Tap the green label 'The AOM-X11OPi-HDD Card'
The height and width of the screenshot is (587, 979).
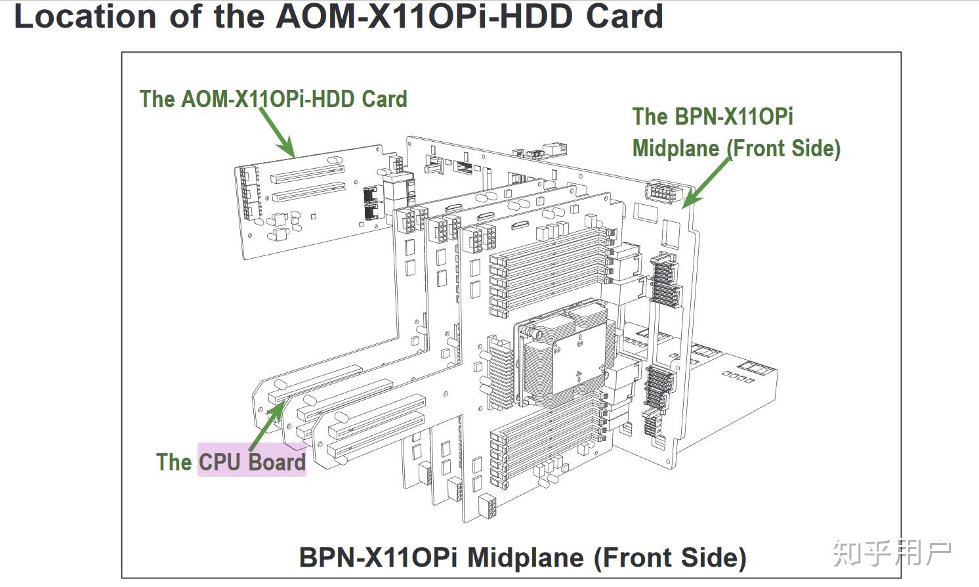[273, 99]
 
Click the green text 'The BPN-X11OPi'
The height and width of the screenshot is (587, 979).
[713, 117]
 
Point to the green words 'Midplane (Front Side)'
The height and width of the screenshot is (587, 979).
[736, 148]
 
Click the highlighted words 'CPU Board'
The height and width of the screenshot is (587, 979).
[252, 462]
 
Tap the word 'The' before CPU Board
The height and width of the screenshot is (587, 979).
[174, 462]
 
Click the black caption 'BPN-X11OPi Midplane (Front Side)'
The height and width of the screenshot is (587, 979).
[522, 557]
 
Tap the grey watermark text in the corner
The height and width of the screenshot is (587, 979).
[892, 553]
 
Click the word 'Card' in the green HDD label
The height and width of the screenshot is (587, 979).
[385, 99]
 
